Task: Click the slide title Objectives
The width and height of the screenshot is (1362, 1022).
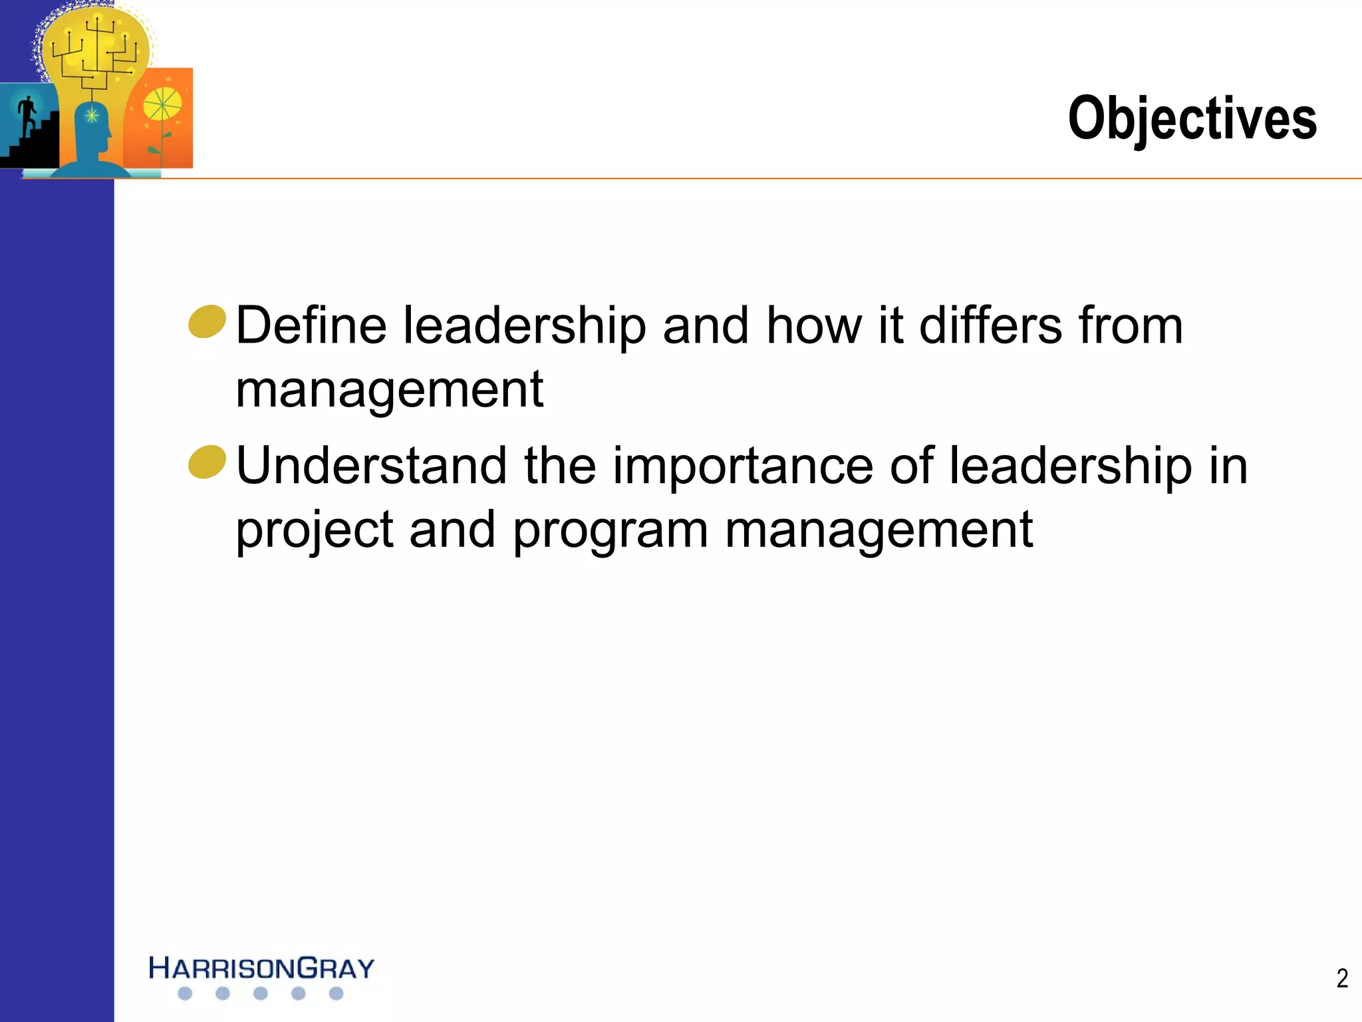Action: pyautogui.click(x=1192, y=118)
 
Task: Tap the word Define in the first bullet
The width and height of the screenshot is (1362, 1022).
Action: pyautogui.click(x=311, y=326)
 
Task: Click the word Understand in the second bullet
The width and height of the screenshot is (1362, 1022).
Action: pyautogui.click(x=371, y=466)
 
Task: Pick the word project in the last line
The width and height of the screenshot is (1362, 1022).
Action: pyautogui.click(x=315, y=531)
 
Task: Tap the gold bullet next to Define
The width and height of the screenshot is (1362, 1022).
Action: pyautogui.click(x=207, y=322)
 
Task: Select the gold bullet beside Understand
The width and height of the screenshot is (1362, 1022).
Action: pyautogui.click(x=207, y=462)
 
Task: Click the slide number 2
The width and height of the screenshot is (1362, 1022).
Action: pyautogui.click(x=1342, y=978)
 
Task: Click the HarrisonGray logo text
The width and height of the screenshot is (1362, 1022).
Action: pyautogui.click(x=261, y=968)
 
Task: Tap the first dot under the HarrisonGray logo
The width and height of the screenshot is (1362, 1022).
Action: pyautogui.click(x=186, y=993)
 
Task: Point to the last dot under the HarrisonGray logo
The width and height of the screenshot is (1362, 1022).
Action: pyautogui.click(x=337, y=993)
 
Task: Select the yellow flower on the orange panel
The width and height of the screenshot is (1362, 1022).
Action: pyautogui.click(x=162, y=105)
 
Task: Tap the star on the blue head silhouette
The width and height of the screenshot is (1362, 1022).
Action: pyautogui.click(x=92, y=116)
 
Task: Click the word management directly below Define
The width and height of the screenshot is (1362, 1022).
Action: pyautogui.click(x=390, y=390)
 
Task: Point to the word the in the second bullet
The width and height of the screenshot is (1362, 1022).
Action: pyautogui.click(x=559, y=466)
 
